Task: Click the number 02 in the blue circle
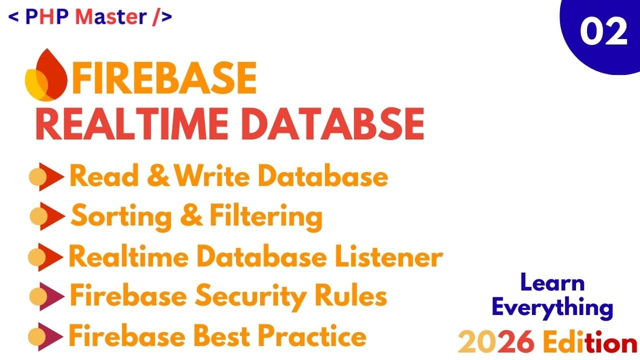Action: click(603, 32)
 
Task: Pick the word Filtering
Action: click(265, 216)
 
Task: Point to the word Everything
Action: click(552, 307)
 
